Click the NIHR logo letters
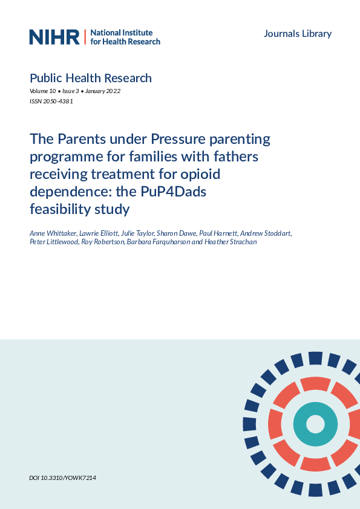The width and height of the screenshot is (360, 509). click(x=54, y=37)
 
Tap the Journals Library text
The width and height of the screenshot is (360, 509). click(x=298, y=33)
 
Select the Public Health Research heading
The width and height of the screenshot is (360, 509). click(x=90, y=78)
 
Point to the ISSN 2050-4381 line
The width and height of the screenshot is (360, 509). click(x=51, y=102)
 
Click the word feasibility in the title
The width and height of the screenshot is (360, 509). click(x=61, y=209)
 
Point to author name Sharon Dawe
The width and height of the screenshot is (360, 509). click(x=175, y=233)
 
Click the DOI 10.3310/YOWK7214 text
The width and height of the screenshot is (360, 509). click(x=62, y=478)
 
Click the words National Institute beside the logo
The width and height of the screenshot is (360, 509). click(x=121, y=33)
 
